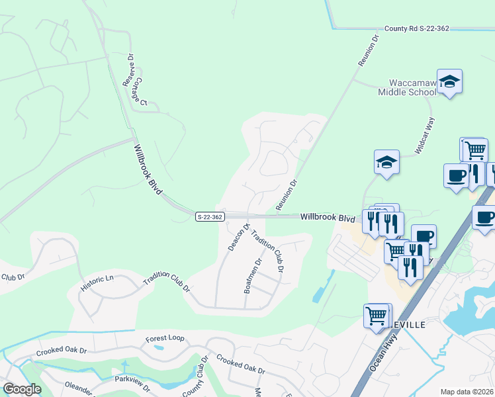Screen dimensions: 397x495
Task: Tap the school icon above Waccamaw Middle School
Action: (449, 81)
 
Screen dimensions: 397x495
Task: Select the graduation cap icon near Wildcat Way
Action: (386, 162)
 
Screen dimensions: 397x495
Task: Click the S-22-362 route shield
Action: (209, 216)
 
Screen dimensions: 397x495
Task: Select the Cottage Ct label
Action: (140, 94)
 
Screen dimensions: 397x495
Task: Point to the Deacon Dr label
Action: (239, 236)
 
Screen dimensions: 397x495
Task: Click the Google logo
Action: (22, 389)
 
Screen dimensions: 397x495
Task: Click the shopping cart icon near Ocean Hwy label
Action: (377, 316)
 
